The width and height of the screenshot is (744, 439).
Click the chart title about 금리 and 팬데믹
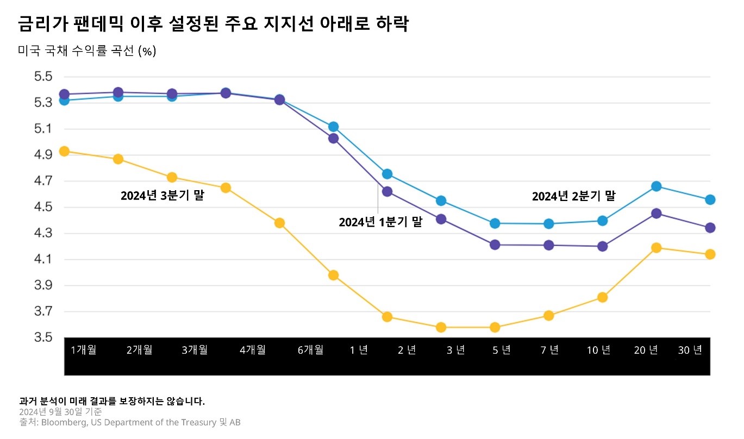pos(212,24)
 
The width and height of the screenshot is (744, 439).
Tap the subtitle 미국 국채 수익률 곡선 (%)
pos(87,51)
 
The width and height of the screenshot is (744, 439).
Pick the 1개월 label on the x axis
pos(84,350)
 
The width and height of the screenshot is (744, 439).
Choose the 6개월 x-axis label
pos(310,350)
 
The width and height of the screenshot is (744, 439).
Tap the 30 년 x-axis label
pos(690,350)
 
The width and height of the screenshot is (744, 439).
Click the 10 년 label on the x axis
pos(598,350)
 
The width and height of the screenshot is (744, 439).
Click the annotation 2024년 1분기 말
pos(380,222)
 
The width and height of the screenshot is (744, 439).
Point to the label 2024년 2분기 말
pos(573,196)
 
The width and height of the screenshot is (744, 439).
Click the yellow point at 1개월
pos(64,151)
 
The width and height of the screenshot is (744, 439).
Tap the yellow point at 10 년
pos(602,297)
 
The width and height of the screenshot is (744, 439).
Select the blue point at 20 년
pos(656,186)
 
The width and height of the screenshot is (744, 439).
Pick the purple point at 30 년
pos(710,228)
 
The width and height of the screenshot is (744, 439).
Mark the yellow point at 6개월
pos(334,275)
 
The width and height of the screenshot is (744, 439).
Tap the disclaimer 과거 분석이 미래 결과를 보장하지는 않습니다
pos(112,402)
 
